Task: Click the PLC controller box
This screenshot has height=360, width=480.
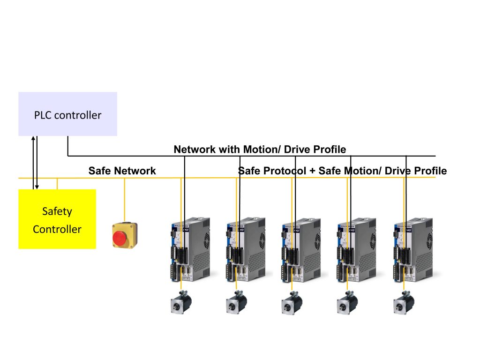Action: coord(67,114)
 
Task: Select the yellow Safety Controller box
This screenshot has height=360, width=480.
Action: coord(57,219)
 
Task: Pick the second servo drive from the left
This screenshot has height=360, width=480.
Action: coord(246,249)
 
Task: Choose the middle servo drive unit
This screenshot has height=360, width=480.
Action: coord(301,249)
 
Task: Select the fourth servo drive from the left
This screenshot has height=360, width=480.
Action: coord(357,249)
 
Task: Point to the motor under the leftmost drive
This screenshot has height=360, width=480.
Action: coord(180,302)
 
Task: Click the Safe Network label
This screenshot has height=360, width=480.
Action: coord(122,171)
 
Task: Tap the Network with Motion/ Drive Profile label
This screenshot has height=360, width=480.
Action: coord(260,150)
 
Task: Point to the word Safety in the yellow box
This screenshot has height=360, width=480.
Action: coord(57,211)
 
